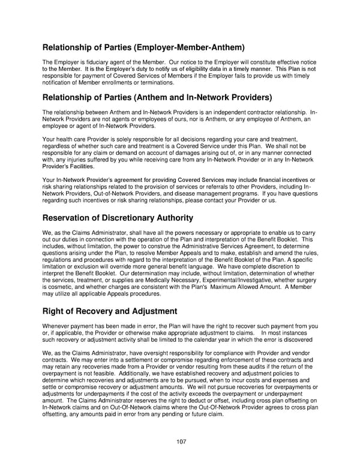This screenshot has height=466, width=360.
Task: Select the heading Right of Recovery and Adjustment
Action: point(109,311)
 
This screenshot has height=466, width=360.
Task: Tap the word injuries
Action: point(70,159)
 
